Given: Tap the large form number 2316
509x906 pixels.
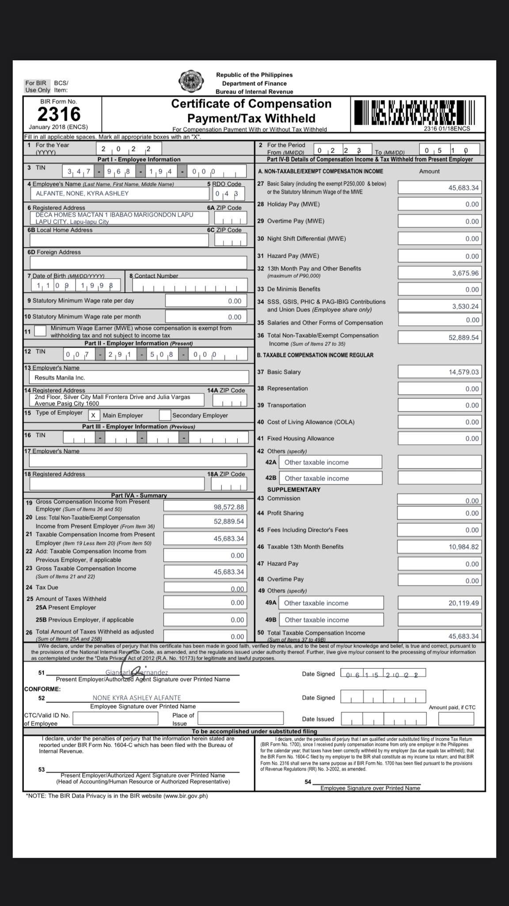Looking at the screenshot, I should (x=59, y=114).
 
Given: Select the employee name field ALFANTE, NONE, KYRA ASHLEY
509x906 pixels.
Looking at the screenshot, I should (x=119, y=193).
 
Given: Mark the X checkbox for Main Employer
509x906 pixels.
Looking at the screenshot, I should (x=93, y=415).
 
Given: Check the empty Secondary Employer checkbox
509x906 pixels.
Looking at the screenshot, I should (x=165, y=415).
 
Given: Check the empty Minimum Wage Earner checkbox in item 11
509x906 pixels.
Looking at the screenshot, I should (x=40, y=331).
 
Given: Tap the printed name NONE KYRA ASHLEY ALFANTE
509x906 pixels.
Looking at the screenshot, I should (x=137, y=698).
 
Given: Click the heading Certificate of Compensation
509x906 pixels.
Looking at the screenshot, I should (x=251, y=104).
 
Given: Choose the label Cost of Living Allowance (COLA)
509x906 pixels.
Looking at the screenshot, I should (x=311, y=422).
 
